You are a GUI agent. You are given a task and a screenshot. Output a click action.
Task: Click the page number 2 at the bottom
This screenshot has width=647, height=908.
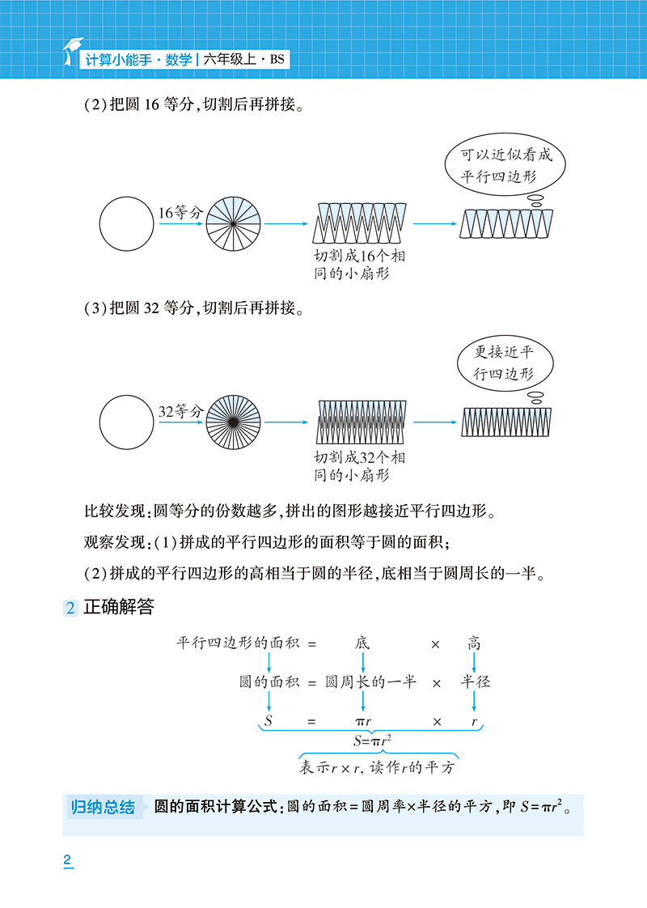[x=68, y=860]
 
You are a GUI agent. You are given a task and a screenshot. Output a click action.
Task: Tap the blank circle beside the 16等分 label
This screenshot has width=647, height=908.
[x=127, y=223]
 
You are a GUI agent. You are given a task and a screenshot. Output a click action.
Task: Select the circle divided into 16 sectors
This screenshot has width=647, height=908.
[x=233, y=223]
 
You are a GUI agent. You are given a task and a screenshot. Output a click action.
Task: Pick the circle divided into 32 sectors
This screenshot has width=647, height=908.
[x=233, y=422]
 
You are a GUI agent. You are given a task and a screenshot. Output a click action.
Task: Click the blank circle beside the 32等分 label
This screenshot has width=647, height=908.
[x=127, y=422]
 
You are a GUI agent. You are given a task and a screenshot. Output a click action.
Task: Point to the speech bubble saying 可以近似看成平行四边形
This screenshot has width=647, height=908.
[x=505, y=165]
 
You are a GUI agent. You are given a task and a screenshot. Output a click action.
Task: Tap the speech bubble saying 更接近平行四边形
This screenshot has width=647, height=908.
[x=505, y=363]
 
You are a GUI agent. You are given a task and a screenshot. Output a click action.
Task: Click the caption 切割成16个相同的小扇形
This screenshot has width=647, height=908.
[x=359, y=265]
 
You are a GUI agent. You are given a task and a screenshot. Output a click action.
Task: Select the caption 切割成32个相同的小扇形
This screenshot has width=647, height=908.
[x=359, y=466]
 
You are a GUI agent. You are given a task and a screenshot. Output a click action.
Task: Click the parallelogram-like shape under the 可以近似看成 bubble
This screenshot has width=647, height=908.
[x=506, y=224]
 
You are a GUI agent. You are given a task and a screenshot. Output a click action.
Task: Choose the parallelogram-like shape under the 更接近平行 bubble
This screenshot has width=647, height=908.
[x=506, y=422]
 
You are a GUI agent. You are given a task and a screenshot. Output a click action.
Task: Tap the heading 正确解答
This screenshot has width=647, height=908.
[x=119, y=607]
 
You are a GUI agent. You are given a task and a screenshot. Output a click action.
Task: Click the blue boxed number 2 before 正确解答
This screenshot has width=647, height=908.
[x=70, y=608]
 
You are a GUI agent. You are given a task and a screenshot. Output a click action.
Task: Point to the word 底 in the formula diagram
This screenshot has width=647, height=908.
[x=362, y=643]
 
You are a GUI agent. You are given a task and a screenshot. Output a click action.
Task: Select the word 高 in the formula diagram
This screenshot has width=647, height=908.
[x=474, y=643]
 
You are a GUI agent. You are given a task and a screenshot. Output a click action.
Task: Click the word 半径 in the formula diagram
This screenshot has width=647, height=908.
[x=475, y=681]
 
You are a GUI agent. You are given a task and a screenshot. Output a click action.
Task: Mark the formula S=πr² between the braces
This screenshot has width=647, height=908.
[x=372, y=740]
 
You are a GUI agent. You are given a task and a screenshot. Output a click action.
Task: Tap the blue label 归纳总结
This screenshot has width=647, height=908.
[x=103, y=807]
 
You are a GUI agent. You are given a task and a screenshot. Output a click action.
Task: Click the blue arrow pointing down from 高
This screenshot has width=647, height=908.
[x=474, y=663]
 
